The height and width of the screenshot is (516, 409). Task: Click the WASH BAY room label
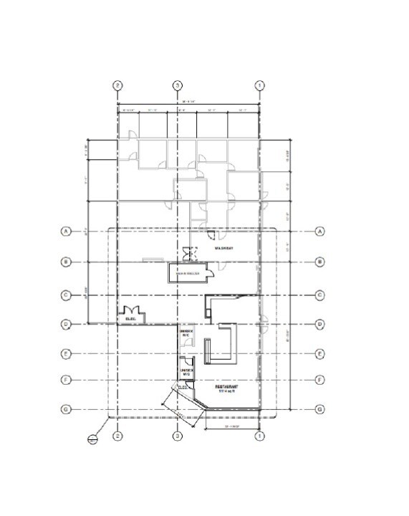225,248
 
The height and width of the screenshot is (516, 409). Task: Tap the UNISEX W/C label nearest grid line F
186,372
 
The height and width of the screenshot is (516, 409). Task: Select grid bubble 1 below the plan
260,435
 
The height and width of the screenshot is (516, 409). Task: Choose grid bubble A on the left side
66,231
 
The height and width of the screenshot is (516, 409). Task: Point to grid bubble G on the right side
319,409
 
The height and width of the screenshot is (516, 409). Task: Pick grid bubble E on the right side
319,353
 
